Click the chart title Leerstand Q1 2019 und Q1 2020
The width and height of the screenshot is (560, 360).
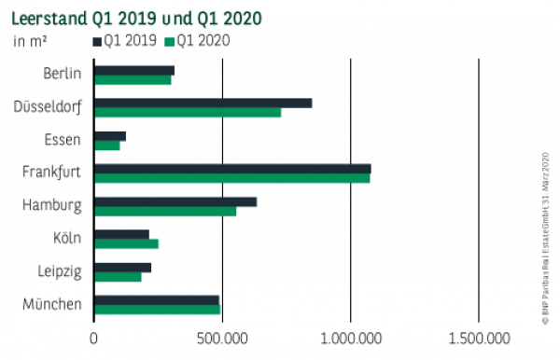pyautogui.click(x=135, y=18)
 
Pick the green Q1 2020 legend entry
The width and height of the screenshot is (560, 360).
pyautogui.click(x=196, y=40)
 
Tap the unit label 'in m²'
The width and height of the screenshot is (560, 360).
pyautogui.click(x=32, y=40)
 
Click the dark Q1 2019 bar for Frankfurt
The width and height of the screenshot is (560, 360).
pyautogui.click(x=232, y=169)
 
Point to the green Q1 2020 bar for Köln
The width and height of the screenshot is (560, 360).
pyautogui.click(x=126, y=243)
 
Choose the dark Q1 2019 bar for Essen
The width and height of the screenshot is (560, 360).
pyautogui.click(x=109, y=136)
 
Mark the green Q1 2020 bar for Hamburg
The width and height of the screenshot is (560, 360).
pyautogui.click(x=165, y=211)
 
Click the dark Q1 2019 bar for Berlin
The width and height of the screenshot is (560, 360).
pyautogui.click(x=134, y=71)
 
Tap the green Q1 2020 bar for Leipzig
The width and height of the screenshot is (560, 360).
pyautogui.click(x=118, y=276)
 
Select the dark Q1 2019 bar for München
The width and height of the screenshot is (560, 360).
pyautogui.click(x=157, y=299)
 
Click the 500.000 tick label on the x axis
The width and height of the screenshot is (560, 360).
pyautogui.click(x=222, y=337)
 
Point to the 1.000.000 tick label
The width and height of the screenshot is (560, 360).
pyautogui.click(x=350, y=337)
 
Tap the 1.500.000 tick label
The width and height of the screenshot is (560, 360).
pyautogui.click(x=478, y=337)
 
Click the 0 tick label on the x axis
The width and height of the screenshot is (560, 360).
pyautogui.click(x=94, y=337)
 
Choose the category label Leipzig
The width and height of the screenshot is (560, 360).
pyautogui.click(x=61, y=271)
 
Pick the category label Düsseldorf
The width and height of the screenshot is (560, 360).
pyautogui.click(x=47, y=107)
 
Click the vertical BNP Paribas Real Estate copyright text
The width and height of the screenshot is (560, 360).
pyautogui.click(x=546, y=238)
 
